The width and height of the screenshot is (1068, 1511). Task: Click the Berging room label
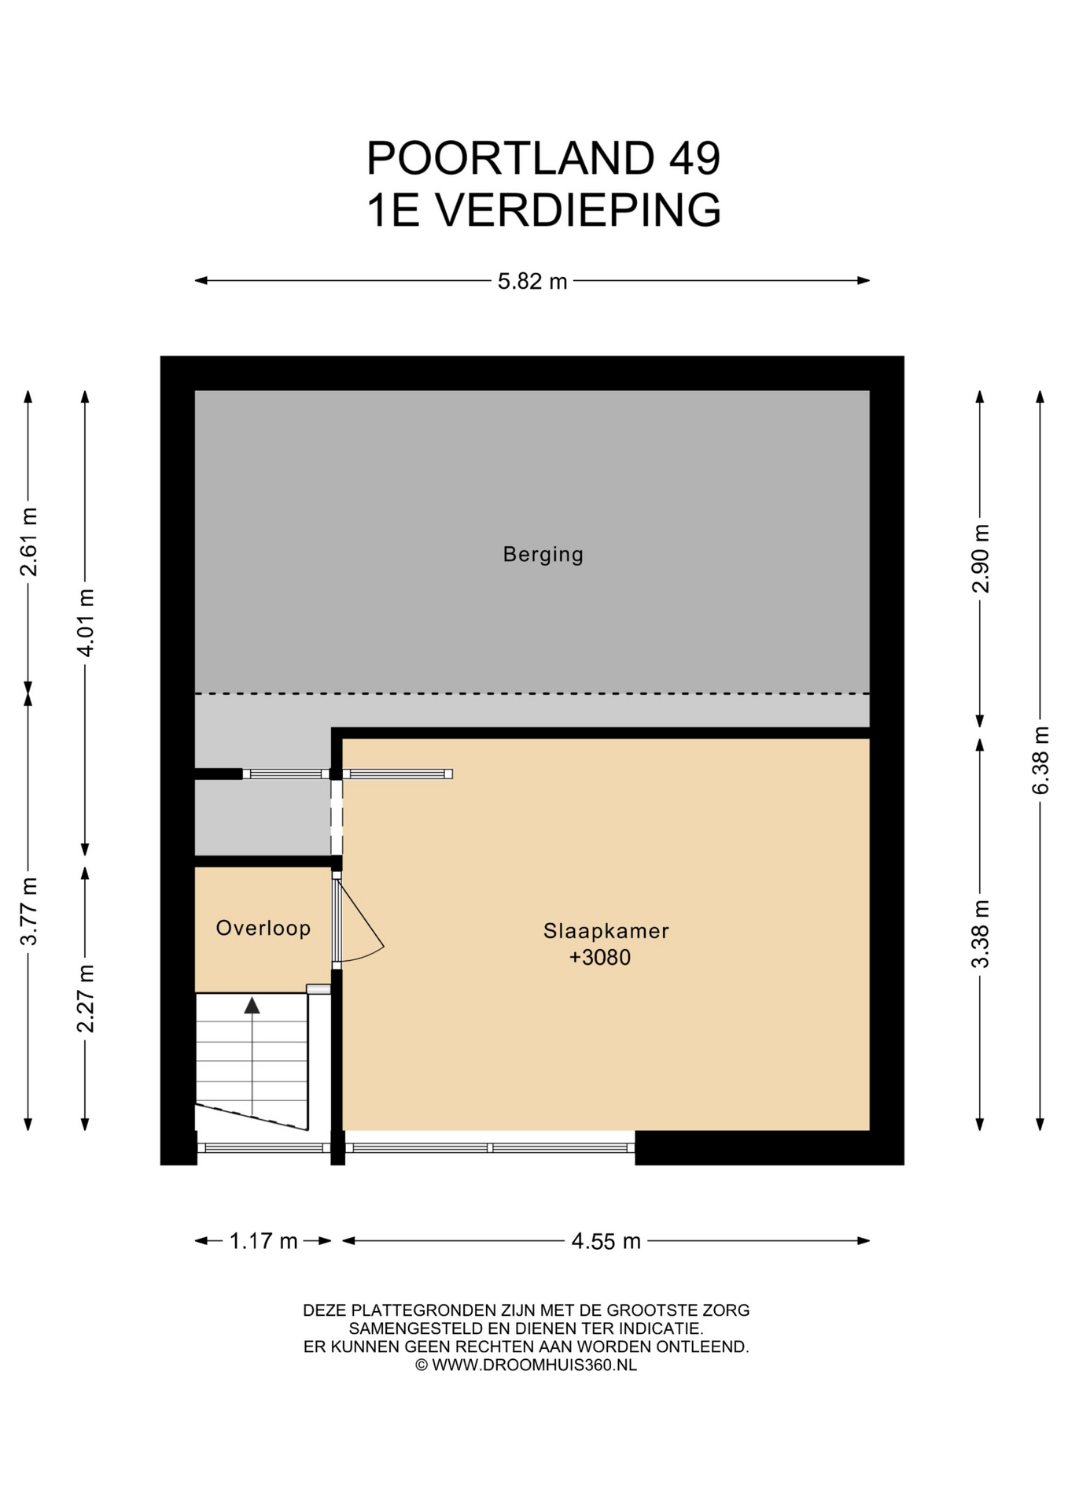click(543, 555)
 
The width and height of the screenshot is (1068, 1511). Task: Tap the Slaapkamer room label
click(606, 931)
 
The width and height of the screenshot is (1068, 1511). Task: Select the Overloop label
click(263, 929)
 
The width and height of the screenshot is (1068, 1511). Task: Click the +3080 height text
click(600, 958)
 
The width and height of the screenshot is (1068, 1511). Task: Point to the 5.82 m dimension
click(532, 281)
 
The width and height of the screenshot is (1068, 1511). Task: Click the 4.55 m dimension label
click(606, 1241)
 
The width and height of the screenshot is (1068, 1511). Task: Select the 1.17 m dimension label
click(263, 1241)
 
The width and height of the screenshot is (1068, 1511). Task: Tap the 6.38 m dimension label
click(1040, 760)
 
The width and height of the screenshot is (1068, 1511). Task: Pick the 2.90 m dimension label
click(980, 558)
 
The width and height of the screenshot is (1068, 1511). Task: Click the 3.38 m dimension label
click(980, 934)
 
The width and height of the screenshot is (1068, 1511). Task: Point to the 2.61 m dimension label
click(28, 542)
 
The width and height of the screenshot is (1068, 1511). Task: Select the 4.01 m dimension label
click(85, 623)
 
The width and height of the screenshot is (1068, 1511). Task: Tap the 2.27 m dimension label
click(85, 999)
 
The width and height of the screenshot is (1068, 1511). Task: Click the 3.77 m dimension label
click(28, 911)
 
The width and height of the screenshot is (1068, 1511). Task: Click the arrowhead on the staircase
click(252, 1005)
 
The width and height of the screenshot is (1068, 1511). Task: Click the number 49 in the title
click(694, 158)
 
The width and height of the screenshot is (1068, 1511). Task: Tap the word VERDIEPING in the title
click(578, 210)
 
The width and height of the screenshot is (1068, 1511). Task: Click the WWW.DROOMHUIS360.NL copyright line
click(526, 1365)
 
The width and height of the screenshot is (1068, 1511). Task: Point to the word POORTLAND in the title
click(510, 158)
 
